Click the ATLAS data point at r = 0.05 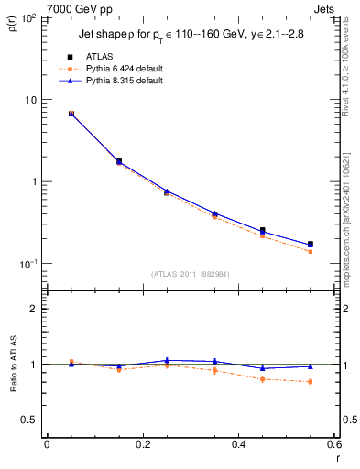(x=71, y=114)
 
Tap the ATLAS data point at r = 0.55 (x=311, y=245)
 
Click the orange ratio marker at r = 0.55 (x=311, y=381)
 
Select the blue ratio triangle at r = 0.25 (x=167, y=361)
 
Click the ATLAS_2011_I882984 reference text (x=191, y=274)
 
